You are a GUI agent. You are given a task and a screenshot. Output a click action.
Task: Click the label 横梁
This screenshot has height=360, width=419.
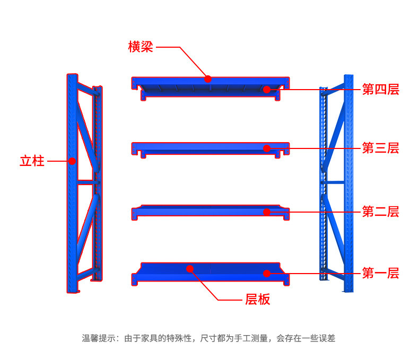tap(141, 47)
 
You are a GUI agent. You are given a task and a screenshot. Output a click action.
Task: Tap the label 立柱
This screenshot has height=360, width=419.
tap(32, 161)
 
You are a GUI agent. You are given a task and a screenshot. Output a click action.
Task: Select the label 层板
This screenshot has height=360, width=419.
tap(258, 299)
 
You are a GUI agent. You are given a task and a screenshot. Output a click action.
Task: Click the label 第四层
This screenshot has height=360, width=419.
tap(380, 89)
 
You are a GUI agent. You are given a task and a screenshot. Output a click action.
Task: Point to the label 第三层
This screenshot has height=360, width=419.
tap(380, 148)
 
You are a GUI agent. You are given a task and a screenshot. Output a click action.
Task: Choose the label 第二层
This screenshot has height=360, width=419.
tap(380, 212)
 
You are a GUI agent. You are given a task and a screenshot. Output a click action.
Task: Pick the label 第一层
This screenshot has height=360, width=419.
tap(380, 273)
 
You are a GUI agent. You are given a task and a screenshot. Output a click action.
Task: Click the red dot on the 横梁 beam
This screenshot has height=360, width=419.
tap(208, 79)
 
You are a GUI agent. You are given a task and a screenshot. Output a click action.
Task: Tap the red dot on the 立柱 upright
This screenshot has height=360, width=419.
tap(72, 161)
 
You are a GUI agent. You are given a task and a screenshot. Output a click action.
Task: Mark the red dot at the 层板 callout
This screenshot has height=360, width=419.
tap(190, 269)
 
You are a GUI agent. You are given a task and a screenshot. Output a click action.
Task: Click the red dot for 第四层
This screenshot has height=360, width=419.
tap(267, 90)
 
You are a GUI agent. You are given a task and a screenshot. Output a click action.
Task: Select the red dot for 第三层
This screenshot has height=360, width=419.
tap(267, 148)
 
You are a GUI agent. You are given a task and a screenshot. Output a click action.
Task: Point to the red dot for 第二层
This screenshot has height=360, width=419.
tap(267, 212)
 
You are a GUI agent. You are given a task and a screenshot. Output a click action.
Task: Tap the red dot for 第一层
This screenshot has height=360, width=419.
tap(267, 274)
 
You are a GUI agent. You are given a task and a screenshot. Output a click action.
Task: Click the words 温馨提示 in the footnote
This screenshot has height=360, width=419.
tap(99, 338)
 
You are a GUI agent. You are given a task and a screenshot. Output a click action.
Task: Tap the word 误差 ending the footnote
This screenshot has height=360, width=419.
tap(327, 338)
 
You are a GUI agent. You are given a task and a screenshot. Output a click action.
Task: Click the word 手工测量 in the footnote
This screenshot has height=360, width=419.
tap(251, 338)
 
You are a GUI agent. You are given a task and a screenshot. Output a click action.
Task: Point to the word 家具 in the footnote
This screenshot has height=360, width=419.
tap(150, 338)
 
